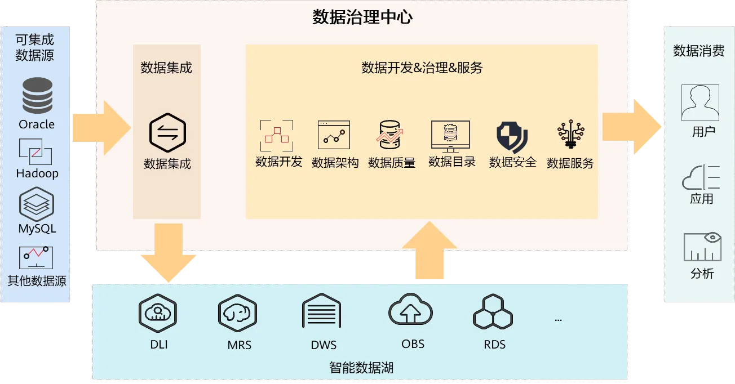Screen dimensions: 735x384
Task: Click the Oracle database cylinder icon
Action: (x=37, y=96)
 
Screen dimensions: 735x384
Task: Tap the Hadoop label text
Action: (x=37, y=173)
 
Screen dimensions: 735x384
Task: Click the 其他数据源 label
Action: (x=37, y=280)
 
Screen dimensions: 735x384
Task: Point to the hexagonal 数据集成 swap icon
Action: (x=167, y=132)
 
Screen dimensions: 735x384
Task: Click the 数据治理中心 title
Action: (x=362, y=17)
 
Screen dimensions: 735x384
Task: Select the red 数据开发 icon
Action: (x=277, y=135)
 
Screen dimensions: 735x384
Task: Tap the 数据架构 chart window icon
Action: (x=334, y=135)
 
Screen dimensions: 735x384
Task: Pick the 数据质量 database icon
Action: (x=391, y=135)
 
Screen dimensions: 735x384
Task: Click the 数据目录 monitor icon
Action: (x=450, y=135)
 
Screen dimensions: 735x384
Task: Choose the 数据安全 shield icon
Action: (x=512, y=137)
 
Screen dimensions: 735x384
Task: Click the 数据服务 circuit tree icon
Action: (x=570, y=134)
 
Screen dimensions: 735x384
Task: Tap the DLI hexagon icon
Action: (x=158, y=313)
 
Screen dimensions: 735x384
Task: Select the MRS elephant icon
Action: (x=238, y=313)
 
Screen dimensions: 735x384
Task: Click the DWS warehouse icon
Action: (x=321, y=311)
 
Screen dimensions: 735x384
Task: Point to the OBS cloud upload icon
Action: (x=410, y=310)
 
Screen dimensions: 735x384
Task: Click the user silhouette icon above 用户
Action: (x=700, y=103)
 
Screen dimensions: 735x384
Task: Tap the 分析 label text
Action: (x=702, y=274)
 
